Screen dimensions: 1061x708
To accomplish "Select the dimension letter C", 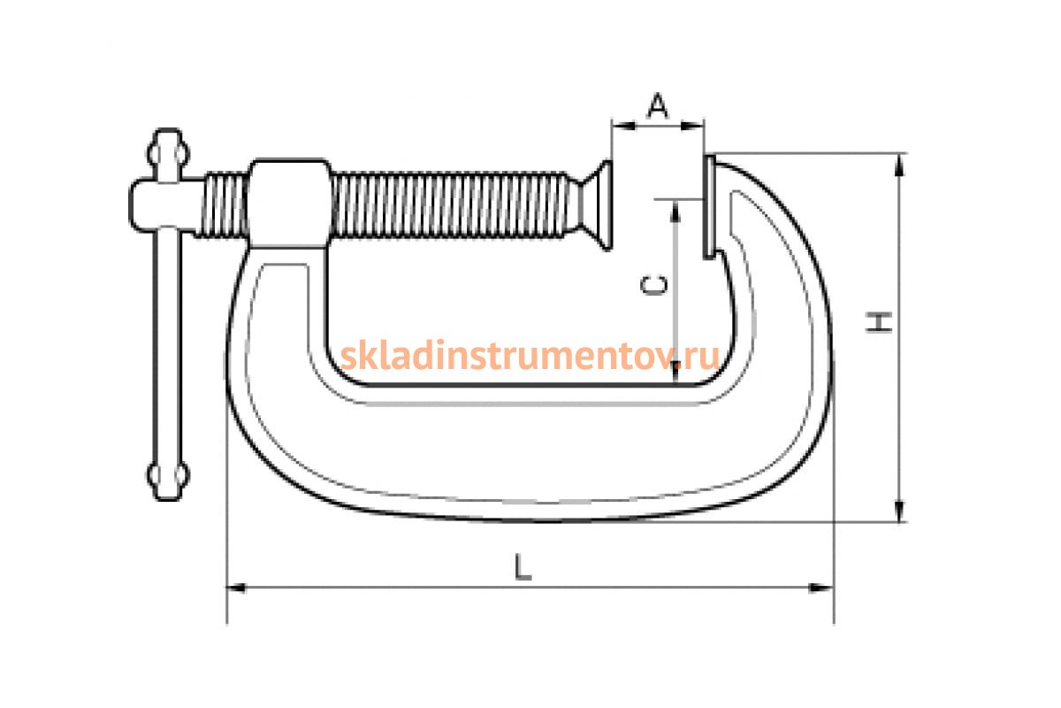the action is click(x=654, y=285).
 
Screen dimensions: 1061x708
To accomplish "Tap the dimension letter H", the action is click(x=879, y=322).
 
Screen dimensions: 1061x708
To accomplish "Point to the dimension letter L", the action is click(x=523, y=566).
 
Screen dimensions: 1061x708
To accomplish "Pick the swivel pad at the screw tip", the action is click(x=596, y=204).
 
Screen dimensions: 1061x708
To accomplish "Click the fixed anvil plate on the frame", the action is click(x=709, y=207).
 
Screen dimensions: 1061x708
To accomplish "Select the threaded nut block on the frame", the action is click(x=289, y=204).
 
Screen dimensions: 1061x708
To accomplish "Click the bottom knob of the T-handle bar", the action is click(x=168, y=479).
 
